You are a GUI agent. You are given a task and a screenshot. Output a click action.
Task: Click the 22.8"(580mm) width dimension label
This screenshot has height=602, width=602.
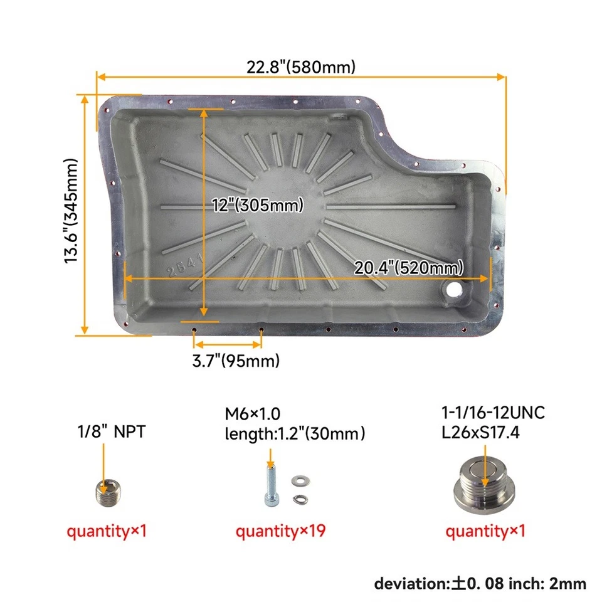pos(300,66)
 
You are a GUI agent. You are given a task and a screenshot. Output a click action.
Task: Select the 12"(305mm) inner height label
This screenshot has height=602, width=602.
pos(257,205)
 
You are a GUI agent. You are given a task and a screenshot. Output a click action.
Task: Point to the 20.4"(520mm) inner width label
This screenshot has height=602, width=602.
pos(409,268)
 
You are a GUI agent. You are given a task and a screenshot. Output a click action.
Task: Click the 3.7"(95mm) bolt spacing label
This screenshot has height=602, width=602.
pos(235,361)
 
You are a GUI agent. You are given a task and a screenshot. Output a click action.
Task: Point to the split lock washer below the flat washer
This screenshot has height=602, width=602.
pos(300,499)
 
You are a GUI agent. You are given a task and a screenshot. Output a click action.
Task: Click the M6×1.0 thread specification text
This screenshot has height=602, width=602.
pos(253,413)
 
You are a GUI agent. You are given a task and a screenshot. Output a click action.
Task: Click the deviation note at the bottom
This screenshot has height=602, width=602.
pos(480,583)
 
